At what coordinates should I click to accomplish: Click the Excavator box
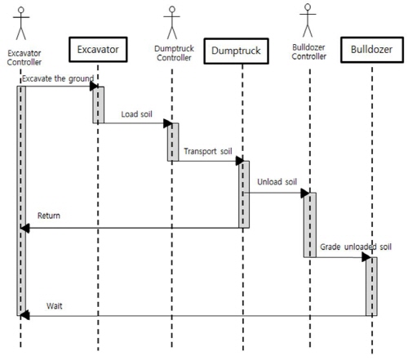coord(98,50)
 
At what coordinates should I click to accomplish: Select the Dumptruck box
coord(236,51)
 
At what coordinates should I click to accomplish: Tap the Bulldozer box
coord(372,50)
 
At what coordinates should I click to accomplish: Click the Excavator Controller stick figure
coord(21,24)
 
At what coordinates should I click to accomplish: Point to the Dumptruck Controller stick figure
coord(172,23)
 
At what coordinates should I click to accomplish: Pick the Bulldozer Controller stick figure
coord(308,20)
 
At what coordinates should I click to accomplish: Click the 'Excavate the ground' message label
coord(58,78)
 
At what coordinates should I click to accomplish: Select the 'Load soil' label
coord(136,114)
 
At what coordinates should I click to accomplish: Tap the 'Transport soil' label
coord(208,151)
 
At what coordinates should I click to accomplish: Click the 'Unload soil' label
coord(277,182)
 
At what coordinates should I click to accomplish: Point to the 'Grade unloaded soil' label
coord(356,247)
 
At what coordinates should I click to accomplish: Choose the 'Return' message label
coord(49,216)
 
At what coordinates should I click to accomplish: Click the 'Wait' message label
coord(55,306)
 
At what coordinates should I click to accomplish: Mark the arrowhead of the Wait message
coord(24,315)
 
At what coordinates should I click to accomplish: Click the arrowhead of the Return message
coord(24,228)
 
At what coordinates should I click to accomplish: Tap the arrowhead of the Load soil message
coord(167,123)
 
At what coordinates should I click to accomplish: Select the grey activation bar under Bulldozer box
coord(371,287)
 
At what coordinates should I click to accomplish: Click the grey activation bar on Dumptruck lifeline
coord(244,194)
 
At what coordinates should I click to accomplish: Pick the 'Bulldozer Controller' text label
coord(308,52)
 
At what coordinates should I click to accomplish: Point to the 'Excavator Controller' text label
coord(24,58)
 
